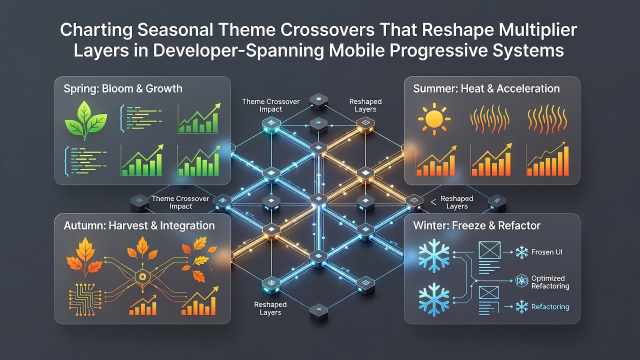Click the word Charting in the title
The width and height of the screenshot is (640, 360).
(x=96, y=30)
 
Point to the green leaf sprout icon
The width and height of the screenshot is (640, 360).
(x=86, y=120)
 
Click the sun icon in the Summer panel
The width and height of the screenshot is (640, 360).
(x=434, y=118)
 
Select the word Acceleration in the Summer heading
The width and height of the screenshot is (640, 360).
(x=528, y=88)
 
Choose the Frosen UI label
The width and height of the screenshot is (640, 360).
(x=546, y=252)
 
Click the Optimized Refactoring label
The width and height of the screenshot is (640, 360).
(x=550, y=282)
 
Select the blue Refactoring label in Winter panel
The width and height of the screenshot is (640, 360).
(x=550, y=307)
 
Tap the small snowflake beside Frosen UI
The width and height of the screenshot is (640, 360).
(x=521, y=252)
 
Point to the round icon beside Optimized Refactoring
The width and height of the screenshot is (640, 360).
(x=521, y=280)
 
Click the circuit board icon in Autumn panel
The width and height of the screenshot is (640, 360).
(x=85, y=299)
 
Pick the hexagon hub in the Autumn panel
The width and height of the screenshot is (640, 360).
(x=142, y=276)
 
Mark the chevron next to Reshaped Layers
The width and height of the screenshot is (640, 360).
(x=433, y=202)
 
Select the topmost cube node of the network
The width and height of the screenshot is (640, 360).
(x=318, y=101)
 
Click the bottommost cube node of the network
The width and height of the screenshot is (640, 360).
(x=318, y=312)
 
